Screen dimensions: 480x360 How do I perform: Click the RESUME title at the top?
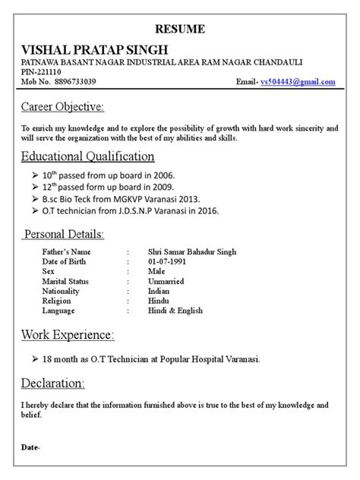[179, 29]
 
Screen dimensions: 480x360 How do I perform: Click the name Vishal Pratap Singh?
[95, 49]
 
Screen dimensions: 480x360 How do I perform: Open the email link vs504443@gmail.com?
[297, 81]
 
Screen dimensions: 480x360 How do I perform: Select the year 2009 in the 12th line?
[163, 187]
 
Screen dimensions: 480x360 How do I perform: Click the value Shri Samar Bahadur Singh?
[192, 252]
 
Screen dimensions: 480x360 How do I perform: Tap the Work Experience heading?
[68, 334]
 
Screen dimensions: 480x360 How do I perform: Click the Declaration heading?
[53, 381]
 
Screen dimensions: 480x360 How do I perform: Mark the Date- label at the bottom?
[30, 448]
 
